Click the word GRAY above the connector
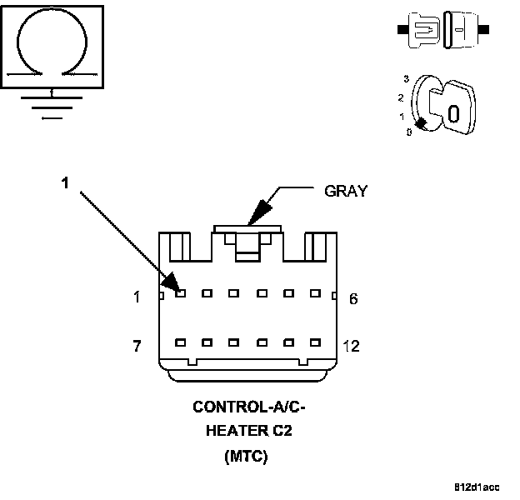pos(345,191)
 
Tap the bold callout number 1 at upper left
pos(65,182)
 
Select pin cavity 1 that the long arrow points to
pos(181,292)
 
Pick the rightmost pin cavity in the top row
pos(315,292)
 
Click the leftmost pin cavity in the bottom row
pos(181,342)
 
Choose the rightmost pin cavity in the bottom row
pos(315,342)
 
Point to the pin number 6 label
pos(353,298)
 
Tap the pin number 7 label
pos(137,345)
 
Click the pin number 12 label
pos(352,345)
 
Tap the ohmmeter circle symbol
pos(52,43)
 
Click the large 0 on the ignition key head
pos(453,113)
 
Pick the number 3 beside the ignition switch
pos(405,77)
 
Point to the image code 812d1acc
pos(477,486)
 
